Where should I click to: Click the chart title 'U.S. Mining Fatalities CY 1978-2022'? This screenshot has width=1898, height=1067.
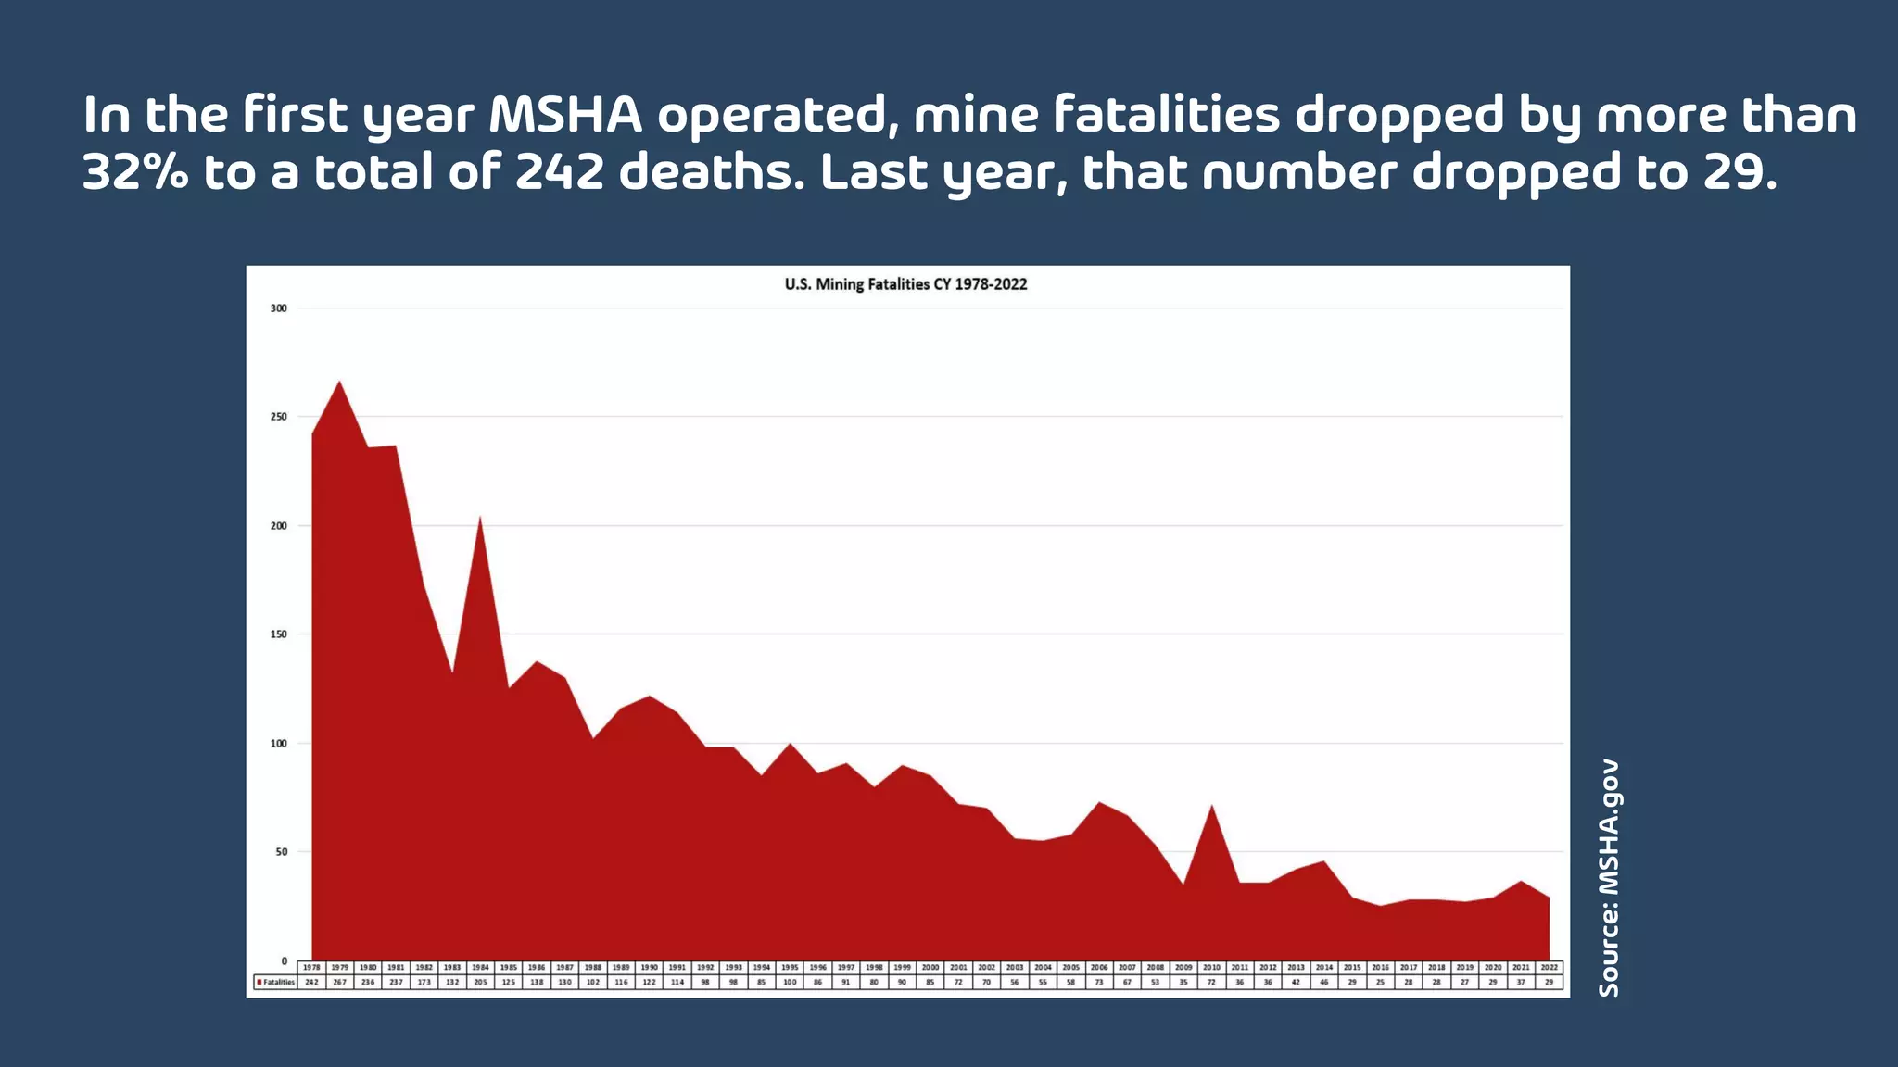click(x=905, y=284)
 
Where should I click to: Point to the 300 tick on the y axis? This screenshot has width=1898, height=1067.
click(x=279, y=308)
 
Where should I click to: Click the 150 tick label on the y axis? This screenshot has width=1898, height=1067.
click(x=279, y=634)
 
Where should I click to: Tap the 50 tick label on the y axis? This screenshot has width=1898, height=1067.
click(x=281, y=852)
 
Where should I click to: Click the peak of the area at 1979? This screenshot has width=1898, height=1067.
click(x=339, y=382)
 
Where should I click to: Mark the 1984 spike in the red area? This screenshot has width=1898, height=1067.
click(x=480, y=518)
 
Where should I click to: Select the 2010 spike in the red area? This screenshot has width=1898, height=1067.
click(x=1211, y=806)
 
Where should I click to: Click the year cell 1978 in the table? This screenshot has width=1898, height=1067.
click(x=311, y=967)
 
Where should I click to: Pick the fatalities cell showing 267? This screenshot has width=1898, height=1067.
click(x=339, y=982)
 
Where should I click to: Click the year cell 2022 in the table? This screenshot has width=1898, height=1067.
click(x=1549, y=967)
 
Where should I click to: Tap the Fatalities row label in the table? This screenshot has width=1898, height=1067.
click(x=275, y=982)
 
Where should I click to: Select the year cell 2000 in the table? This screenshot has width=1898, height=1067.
click(x=930, y=967)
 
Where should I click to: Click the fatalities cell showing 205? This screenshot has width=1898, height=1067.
click(x=480, y=982)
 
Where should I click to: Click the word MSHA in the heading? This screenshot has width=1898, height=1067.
click(x=565, y=115)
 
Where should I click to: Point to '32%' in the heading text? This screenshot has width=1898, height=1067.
click(x=135, y=173)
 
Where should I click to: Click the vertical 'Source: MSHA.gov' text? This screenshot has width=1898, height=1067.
click(x=1609, y=877)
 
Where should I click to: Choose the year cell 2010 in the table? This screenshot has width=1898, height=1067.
click(x=1211, y=967)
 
